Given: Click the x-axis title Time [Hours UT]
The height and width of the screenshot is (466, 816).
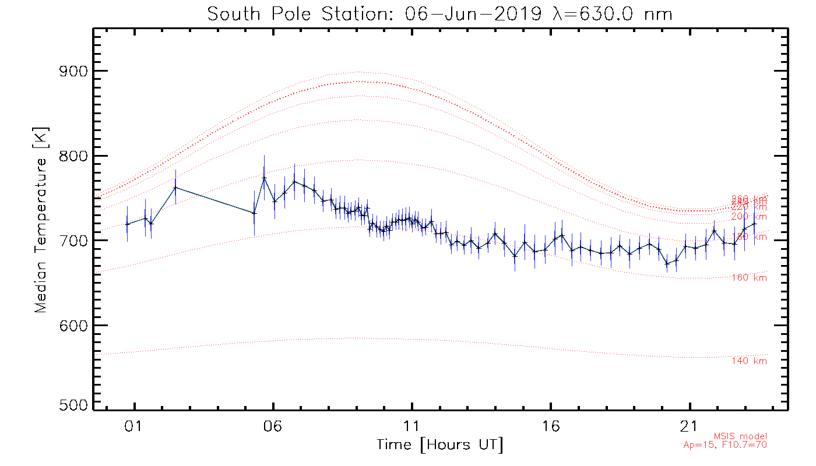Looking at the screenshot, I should coord(440,445).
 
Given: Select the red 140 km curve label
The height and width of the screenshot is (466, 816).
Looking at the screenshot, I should coord(749,361).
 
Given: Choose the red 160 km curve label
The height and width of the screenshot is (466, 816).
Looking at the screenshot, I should coord(749,278).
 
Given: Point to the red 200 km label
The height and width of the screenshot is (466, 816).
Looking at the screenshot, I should coord(749,217).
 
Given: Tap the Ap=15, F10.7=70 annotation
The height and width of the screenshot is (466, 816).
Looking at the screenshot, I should coord(725,446).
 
